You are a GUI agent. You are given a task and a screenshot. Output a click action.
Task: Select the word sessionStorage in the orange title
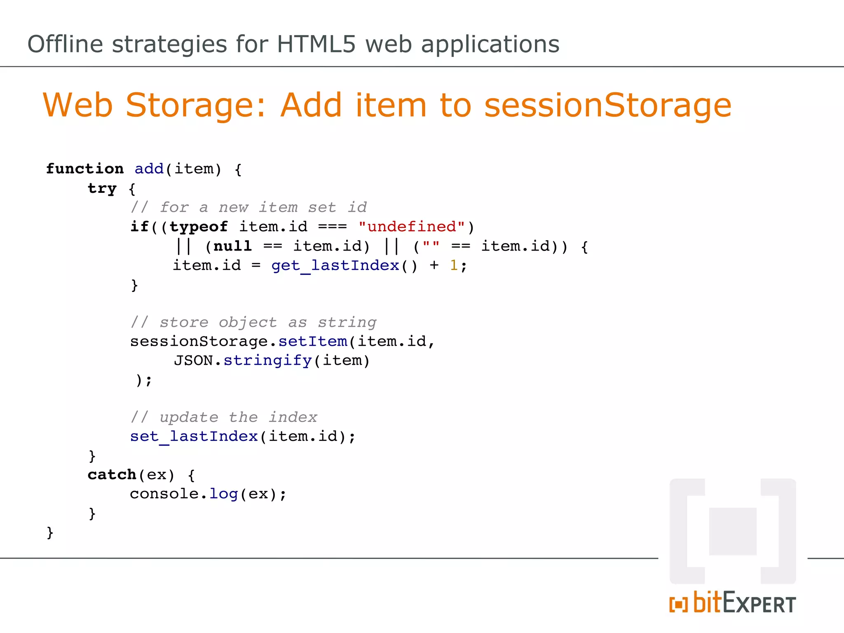coord(608,105)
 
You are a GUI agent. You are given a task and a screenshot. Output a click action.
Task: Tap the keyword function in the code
coord(85,169)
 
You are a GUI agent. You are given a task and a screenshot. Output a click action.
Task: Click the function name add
coord(149,169)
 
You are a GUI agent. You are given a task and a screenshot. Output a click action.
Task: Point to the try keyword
coord(102,188)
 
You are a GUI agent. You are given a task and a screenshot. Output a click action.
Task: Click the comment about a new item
coord(249,207)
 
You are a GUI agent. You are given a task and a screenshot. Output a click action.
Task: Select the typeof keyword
coord(199,227)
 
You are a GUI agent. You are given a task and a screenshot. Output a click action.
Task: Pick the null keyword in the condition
coord(232,246)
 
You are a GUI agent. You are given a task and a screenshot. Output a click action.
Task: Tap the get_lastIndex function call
coord(335,265)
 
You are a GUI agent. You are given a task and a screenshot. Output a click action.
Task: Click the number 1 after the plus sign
coord(454,265)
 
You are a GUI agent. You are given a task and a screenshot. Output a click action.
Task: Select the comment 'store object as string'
coord(253,322)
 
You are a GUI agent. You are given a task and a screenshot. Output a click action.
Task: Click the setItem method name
coord(313,341)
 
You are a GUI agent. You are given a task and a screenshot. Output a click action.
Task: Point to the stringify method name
coord(267,361)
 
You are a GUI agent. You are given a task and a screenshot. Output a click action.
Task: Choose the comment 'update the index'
coord(224,417)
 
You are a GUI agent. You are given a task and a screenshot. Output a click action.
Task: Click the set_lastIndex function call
coord(194,436)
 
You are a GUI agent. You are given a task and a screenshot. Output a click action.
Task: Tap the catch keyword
coord(112,475)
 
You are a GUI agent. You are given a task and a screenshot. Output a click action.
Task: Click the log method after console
coord(224,494)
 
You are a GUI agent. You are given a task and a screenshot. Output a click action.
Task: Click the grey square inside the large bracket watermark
coord(733,531)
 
